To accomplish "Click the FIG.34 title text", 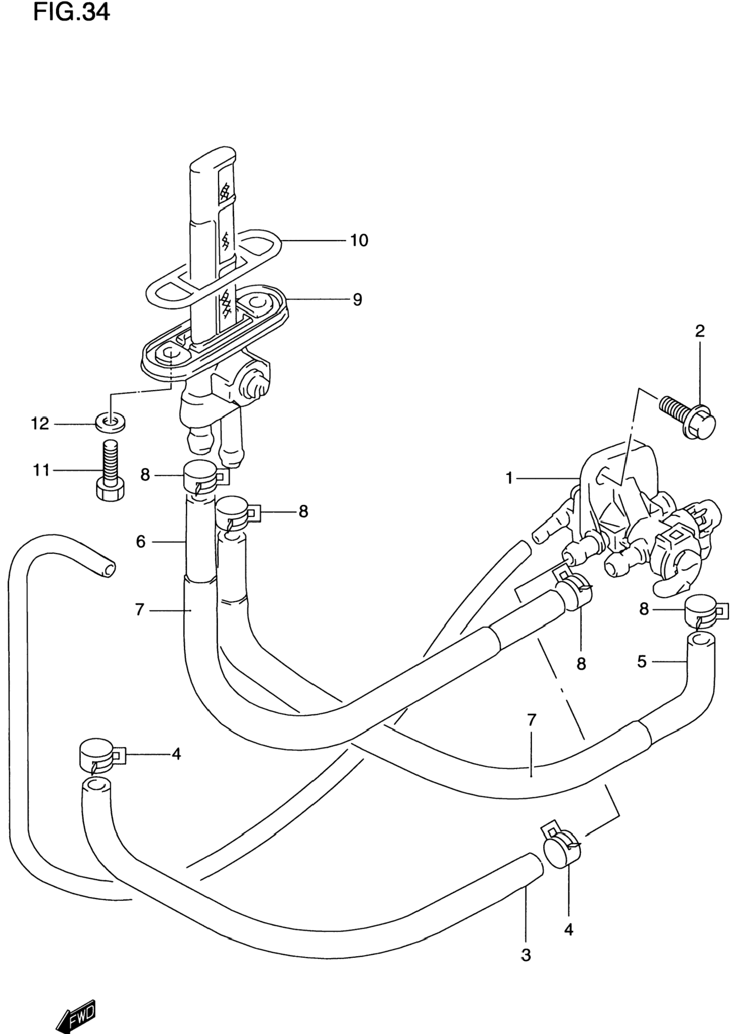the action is point(72,12).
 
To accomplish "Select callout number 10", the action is point(359,241).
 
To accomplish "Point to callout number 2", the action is point(700,331).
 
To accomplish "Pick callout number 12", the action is point(40,424).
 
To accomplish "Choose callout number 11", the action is point(41,471).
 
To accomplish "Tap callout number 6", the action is point(141,541).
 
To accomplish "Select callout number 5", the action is point(642,662).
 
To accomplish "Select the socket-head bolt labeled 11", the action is point(110,470).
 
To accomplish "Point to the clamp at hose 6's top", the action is point(206,478).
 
